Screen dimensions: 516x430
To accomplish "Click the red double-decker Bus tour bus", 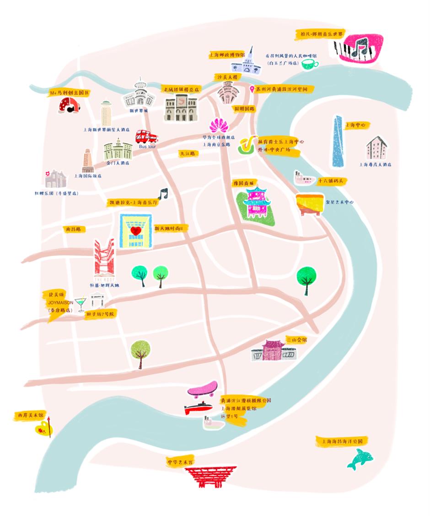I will (x=146, y=136).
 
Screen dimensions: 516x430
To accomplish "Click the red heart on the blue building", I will (x=135, y=231).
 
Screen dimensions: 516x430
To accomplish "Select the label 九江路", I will (x=188, y=154).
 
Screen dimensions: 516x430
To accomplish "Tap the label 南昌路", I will (x=75, y=229).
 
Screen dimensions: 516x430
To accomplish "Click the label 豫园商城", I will (x=242, y=183).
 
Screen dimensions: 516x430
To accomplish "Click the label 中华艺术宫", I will (x=180, y=462).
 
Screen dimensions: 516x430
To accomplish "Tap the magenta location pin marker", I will (x=252, y=89).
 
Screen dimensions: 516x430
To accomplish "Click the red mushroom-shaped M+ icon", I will (x=70, y=106).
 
